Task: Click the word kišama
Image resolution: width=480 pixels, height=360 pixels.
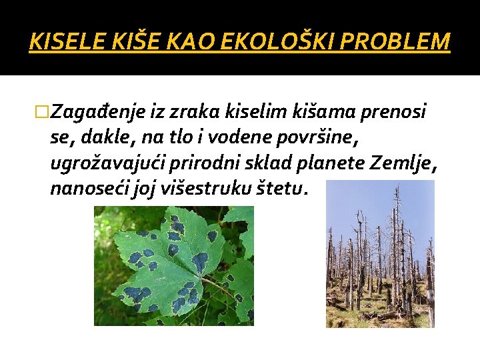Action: tap(327, 111)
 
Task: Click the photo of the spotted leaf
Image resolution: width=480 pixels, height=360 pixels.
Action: tap(173, 265)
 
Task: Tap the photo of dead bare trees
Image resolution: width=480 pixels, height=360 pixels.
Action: tap(380, 253)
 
